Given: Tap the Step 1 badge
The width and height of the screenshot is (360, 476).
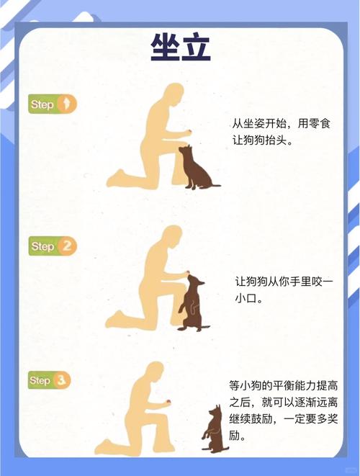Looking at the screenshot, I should (x=52, y=105).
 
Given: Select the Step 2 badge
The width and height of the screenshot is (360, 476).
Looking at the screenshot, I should (x=52, y=246).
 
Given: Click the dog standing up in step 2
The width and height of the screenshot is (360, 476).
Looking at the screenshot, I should (x=192, y=302).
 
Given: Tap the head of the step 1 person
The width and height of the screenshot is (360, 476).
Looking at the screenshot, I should (x=172, y=96).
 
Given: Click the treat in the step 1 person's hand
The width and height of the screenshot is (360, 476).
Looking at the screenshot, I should (x=189, y=131).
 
